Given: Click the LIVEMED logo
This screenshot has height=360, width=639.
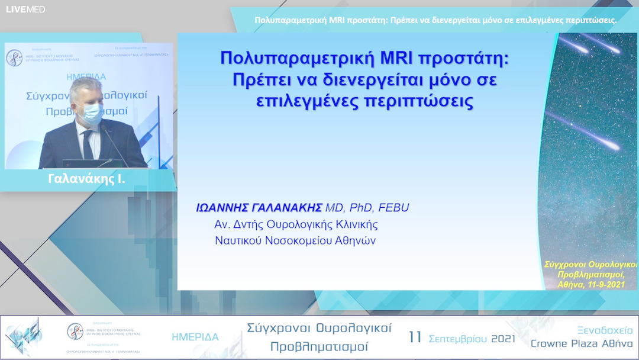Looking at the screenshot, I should coord(25,9).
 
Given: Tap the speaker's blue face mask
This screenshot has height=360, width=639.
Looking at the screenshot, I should coord(91,113).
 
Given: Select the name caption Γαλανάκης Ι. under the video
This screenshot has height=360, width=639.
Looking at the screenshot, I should coord(86,178).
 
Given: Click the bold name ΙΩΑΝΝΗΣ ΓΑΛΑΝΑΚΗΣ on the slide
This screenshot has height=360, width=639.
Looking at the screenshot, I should coord(259,207).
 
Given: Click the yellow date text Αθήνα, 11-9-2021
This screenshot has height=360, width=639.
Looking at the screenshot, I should coord(590,284).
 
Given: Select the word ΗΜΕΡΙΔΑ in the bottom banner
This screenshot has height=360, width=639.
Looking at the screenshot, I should coord(195,337).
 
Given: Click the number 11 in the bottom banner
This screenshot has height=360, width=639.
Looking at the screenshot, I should coord(415,337).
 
